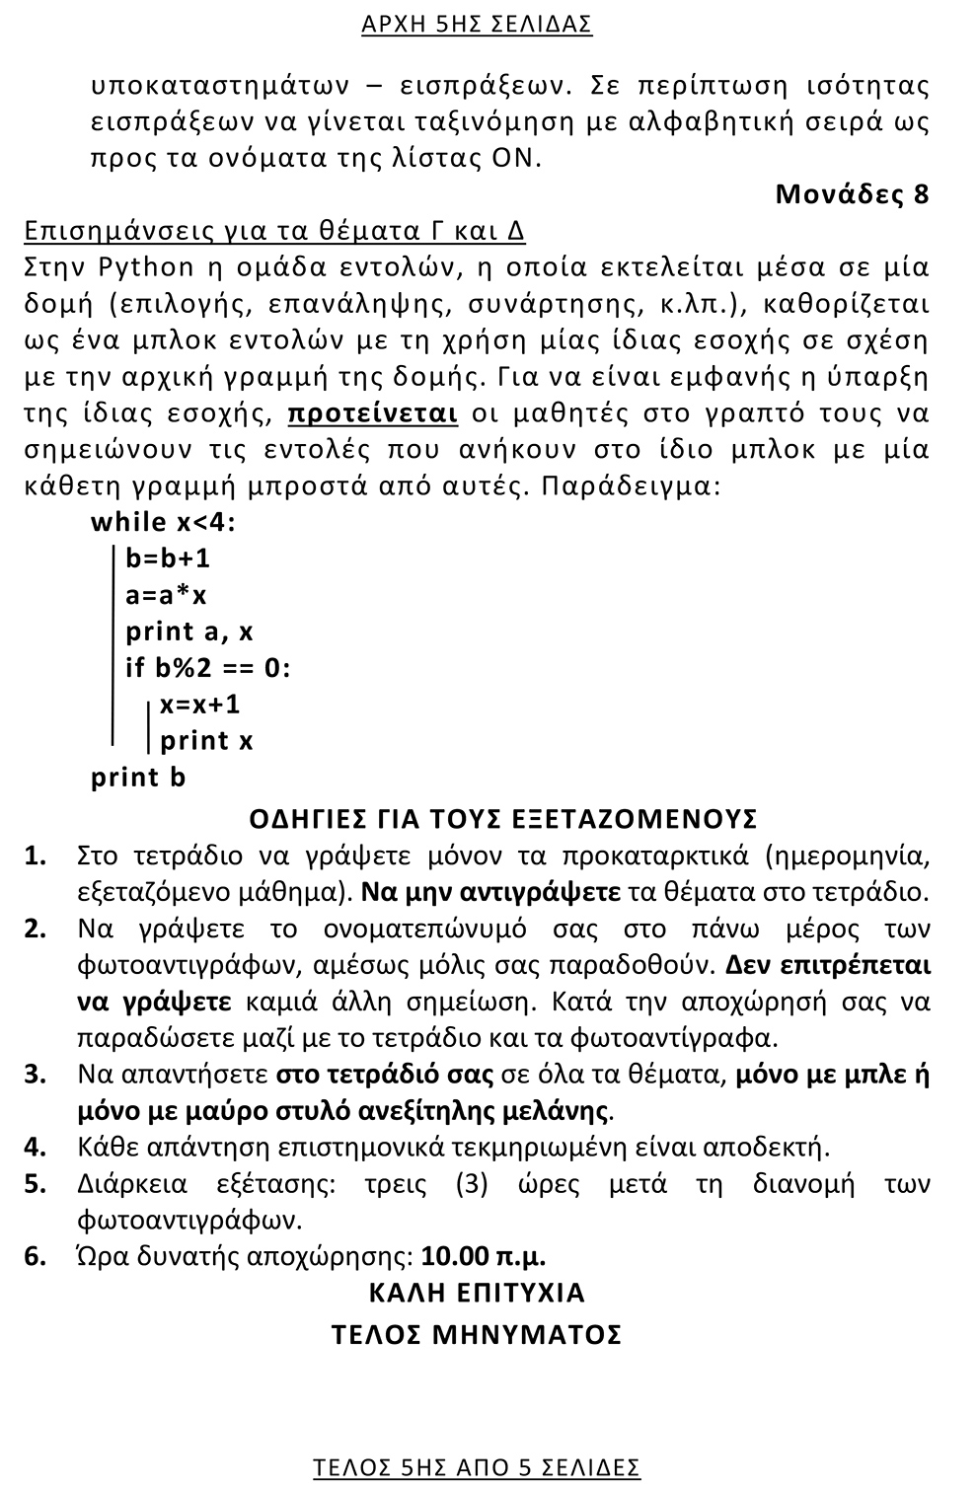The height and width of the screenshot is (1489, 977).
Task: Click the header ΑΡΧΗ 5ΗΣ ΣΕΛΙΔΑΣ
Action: tap(477, 25)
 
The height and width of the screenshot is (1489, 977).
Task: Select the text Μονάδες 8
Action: tap(852, 193)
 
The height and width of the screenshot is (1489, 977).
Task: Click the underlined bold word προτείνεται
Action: tap(372, 413)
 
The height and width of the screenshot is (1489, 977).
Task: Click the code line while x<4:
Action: tap(164, 522)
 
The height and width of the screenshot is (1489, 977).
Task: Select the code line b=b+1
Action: tap(168, 558)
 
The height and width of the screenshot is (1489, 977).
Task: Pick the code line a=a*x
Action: tap(166, 595)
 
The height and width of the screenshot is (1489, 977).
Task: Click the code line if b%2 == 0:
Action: tap(208, 668)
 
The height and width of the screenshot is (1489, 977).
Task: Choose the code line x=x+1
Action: tap(200, 705)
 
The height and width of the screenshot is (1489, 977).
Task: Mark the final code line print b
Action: tap(138, 778)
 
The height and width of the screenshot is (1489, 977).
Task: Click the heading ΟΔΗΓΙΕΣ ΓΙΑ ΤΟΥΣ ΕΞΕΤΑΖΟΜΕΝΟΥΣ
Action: tap(503, 819)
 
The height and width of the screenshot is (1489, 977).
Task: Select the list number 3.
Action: tap(36, 1075)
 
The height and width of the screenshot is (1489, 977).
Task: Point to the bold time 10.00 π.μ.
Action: tap(484, 1257)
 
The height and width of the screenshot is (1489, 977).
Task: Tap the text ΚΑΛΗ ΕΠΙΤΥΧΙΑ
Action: tap(477, 1293)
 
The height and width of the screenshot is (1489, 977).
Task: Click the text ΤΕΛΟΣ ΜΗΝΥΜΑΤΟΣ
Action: tap(477, 1335)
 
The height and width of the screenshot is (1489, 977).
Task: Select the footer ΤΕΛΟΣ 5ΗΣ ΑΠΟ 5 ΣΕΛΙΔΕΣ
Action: tap(477, 1467)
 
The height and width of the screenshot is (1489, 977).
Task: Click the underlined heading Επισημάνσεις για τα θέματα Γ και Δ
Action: tap(274, 231)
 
